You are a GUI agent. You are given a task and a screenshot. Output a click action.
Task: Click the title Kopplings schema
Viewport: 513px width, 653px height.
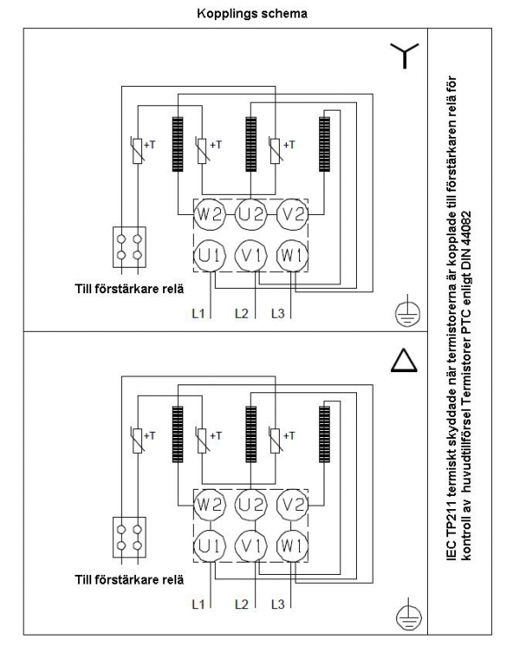pyautogui.click(x=253, y=14)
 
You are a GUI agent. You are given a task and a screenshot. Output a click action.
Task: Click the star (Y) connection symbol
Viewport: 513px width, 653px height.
pyautogui.click(x=404, y=56)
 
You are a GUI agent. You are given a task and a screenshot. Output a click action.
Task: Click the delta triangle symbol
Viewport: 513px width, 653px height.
pyautogui.click(x=404, y=360)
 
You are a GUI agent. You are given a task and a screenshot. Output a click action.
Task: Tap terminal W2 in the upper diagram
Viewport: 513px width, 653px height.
pyautogui.click(x=210, y=214)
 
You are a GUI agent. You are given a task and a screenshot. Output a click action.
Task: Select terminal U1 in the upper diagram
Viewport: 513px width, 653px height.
pyautogui.click(x=210, y=255)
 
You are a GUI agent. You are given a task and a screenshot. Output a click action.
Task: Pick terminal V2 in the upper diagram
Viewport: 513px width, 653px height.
pyautogui.click(x=293, y=214)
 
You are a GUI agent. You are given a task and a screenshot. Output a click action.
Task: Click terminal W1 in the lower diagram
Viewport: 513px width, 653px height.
pyautogui.click(x=293, y=546)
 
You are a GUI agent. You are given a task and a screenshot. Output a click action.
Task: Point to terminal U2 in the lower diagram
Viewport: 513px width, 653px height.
pyautogui.click(x=251, y=505)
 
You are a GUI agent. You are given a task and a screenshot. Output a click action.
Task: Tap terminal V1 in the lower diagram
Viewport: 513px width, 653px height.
pyautogui.click(x=251, y=546)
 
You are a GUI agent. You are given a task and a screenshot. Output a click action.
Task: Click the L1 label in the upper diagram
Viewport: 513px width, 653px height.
pyautogui.click(x=198, y=313)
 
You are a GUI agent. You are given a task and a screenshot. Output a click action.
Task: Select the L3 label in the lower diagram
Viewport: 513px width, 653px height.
pyautogui.click(x=278, y=604)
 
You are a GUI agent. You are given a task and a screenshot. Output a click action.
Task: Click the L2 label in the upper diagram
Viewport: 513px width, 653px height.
pyautogui.click(x=241, y=313)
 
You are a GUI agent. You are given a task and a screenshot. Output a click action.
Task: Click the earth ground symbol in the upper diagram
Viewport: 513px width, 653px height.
pyautogui.click(x=408, y=312)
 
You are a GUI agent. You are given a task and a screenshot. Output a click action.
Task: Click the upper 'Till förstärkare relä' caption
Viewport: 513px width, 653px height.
pyautogui.click(x=130, y=289)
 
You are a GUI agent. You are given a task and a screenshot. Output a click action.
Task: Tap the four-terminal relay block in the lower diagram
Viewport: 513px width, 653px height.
pyautogui.click(x=130, y=537)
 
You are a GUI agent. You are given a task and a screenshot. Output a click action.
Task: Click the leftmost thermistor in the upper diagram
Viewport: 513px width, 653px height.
pyautogui.click(x=138, y=151)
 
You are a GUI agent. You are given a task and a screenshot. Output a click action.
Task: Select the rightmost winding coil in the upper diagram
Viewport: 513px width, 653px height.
pyautogui.click(x=324, y=144)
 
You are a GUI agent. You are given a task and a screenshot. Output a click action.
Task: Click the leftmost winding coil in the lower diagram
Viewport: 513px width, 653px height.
pyautogui.click(x=178, y=434)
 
